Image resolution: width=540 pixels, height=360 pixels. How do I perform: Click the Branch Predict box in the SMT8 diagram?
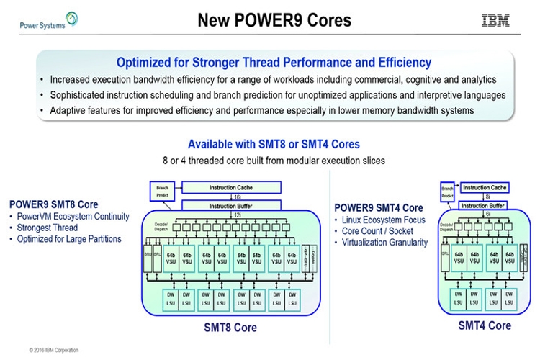coord(163,190)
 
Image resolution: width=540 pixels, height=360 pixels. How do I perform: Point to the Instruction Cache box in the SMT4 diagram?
coord(485,187)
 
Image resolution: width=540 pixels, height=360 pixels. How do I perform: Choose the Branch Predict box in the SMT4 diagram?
coord(447,191)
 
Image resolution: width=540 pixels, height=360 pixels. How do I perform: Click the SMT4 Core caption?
coord(485,325)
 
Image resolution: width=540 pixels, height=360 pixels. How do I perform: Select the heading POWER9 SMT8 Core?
coord(54,204)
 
